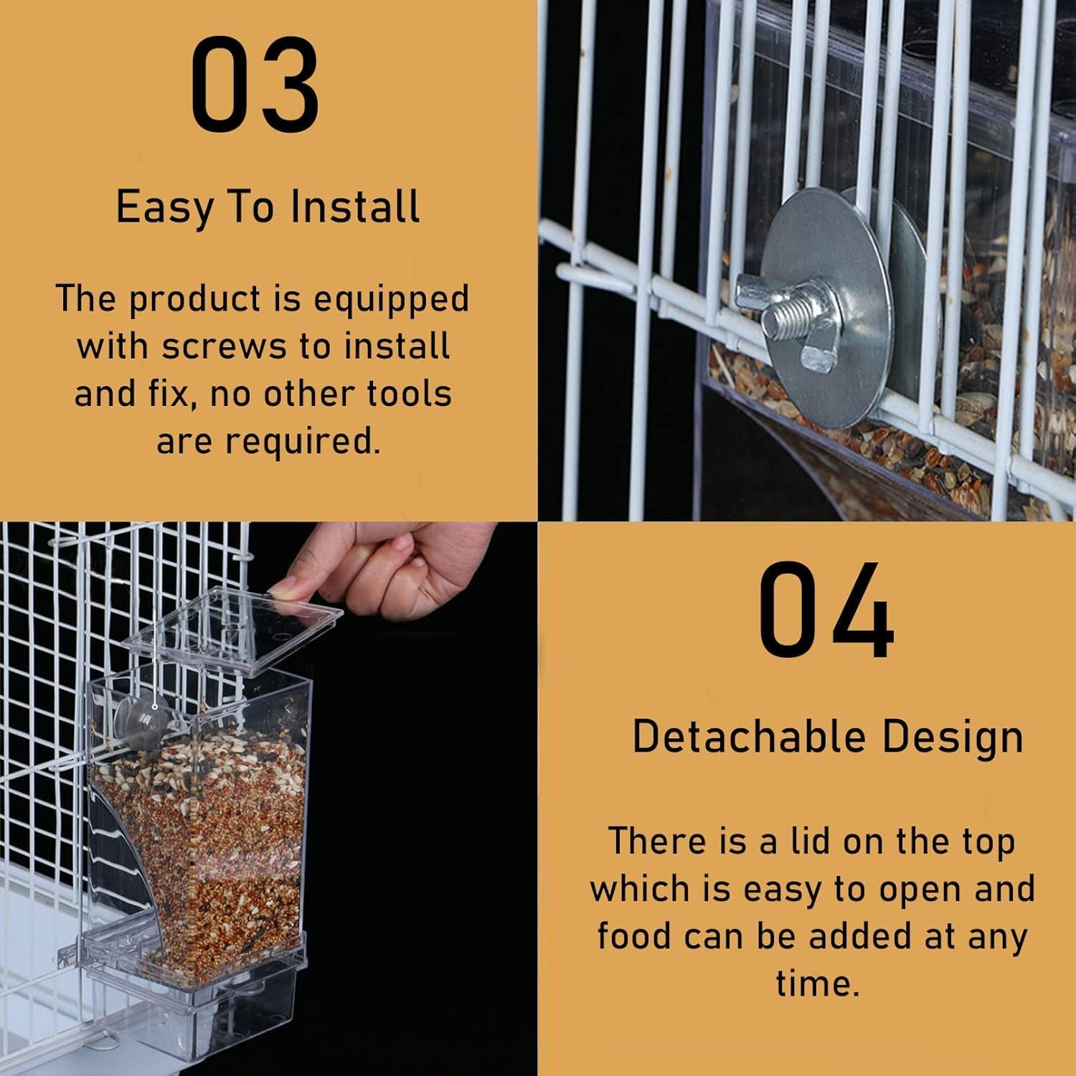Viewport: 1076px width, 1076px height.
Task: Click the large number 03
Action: click(255, 85)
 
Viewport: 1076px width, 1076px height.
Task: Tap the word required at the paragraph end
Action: click(302, 441)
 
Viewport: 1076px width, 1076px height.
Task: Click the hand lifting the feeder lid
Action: click(402, 567)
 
